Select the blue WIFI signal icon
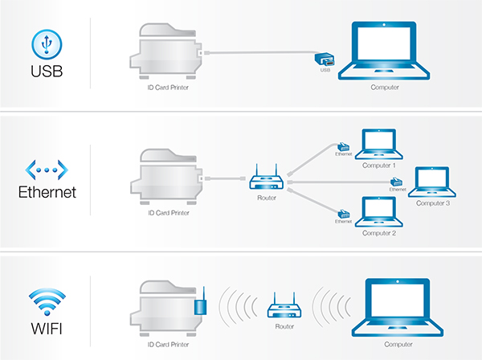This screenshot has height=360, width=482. [46, 297]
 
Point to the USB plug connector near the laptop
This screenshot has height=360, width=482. [324, 60]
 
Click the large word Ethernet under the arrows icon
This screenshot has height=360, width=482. [46, 193]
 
